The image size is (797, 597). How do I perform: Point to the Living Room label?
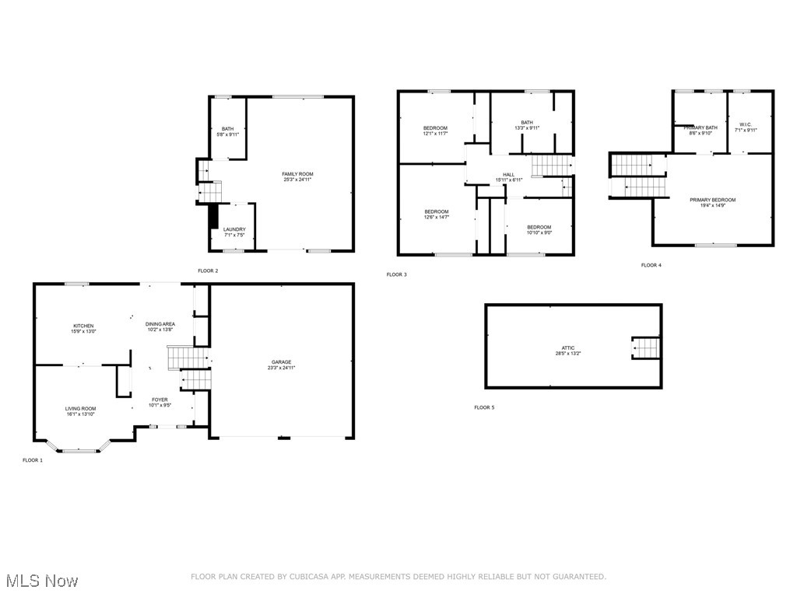(80, 411)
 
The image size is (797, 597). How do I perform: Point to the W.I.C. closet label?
(746, 127)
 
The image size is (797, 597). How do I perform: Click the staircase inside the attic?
(645, 348)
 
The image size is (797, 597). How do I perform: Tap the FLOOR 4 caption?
(651, 265)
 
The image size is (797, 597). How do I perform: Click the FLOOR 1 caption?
(33, 460)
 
